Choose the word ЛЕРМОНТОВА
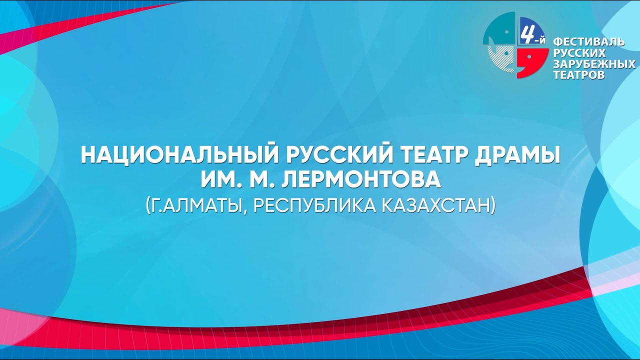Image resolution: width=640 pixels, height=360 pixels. pyautogui.click(x=361, y=180)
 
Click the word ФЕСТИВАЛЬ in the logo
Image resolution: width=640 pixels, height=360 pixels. pyautogui.click(x=588, y=42)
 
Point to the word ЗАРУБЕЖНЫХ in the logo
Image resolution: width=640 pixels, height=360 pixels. pyautogui.click(x=594, y=64)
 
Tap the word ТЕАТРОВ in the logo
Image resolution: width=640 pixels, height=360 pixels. pyautogui.click(x=579, y=75)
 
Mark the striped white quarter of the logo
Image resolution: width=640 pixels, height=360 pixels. pyautogui.click(x=502, y=59)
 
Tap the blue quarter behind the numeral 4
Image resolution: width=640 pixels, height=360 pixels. pyautogui.click(x=532, y=30)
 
